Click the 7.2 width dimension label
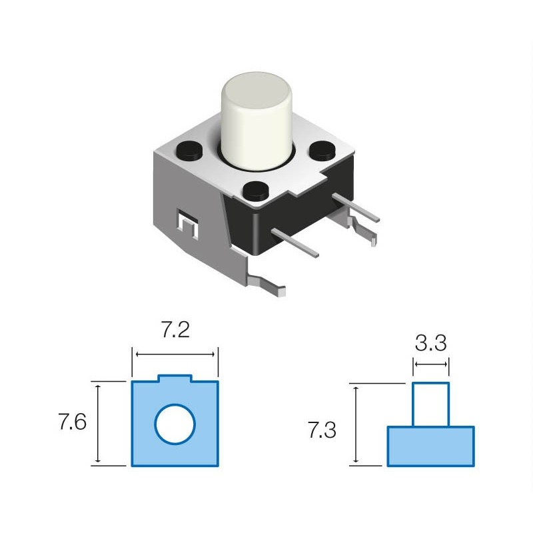click(x=175, y=330)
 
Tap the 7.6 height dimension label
click(x=73, y=422)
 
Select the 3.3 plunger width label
click(x=430, y=342)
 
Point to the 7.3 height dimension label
click(x=322, y=430)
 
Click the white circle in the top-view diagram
click(x=175, y=424)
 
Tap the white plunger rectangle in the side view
click(x=430, y=404)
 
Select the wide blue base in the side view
click(x=430, y=446)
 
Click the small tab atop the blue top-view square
click(x=175, y=378)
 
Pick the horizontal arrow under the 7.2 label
click(x=175, y=354)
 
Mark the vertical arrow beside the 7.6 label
click(x=98, y=424)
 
